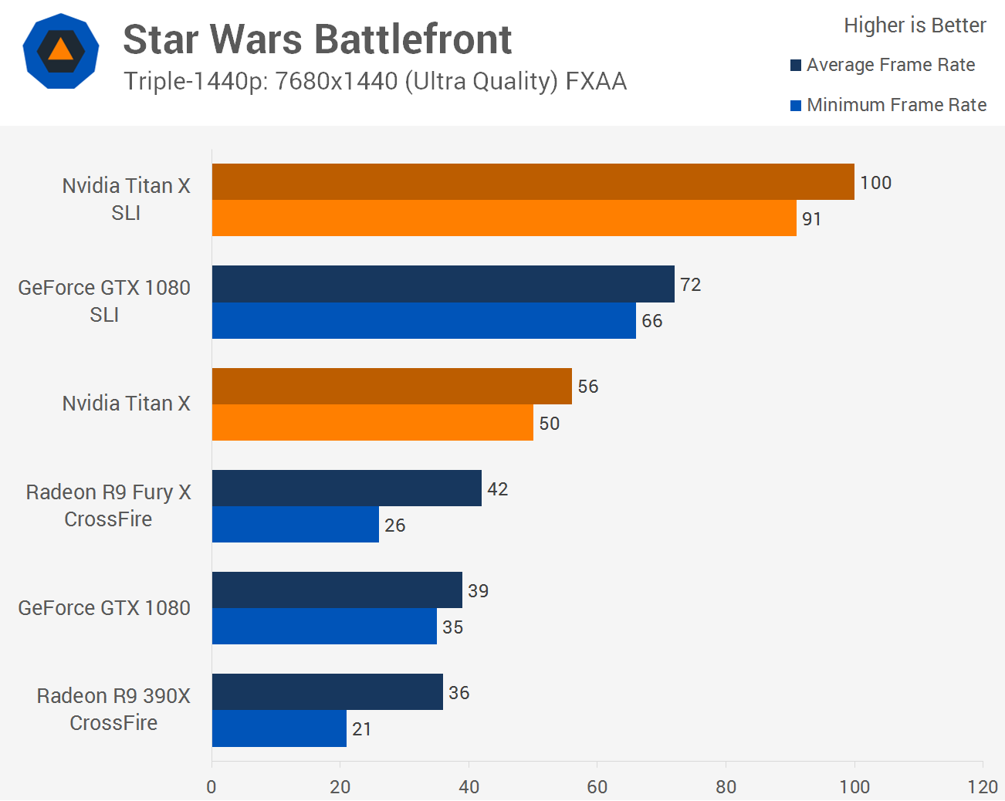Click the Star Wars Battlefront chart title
[x=317, y=39]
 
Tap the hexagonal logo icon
[x=61, y=51]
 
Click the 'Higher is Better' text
[x=915, y=25]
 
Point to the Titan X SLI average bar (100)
[x=533, y=182]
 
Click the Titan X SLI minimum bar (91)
[x=504, y=218]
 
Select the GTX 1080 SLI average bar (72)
[x=443, y=284]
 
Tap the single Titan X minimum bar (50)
[x=372, y=423]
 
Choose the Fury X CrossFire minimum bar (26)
[x=296, y=525]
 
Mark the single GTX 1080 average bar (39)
[x=337, y=590]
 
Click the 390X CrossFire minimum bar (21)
[x=279, y=728]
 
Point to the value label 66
[x=652, y=321]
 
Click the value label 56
[x=588, y=387]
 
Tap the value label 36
[x=459, y=693]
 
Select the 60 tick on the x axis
[x=597, y=787]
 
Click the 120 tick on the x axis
[x=983, y=787]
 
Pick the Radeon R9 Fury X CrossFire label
[x=108, y=505]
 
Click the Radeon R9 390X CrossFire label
[x=113, y=709]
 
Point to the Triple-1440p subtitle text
[x=375, y=81]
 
